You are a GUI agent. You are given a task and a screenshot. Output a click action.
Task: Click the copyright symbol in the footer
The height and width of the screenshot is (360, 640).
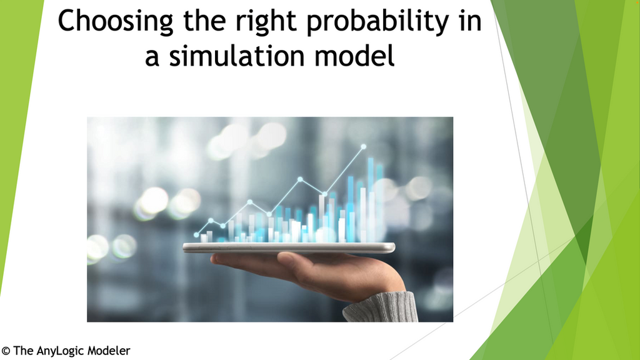pos(6,351)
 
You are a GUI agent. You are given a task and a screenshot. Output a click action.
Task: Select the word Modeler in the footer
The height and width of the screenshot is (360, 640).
pos(107,351)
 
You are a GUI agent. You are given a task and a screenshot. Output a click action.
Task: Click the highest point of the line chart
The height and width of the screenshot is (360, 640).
pos(363,147)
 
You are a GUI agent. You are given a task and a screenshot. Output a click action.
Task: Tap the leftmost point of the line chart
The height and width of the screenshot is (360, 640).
pos(196,235)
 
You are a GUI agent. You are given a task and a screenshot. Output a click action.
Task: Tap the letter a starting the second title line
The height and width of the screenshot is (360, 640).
pos(152,57)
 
